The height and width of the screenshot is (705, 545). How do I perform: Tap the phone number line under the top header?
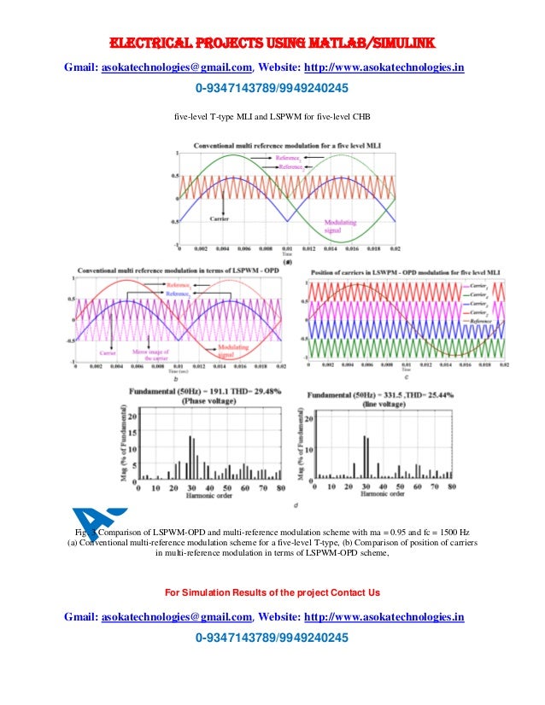(x=272, y=89)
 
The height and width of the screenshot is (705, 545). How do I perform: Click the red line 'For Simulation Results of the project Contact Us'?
(x=272, y=592)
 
